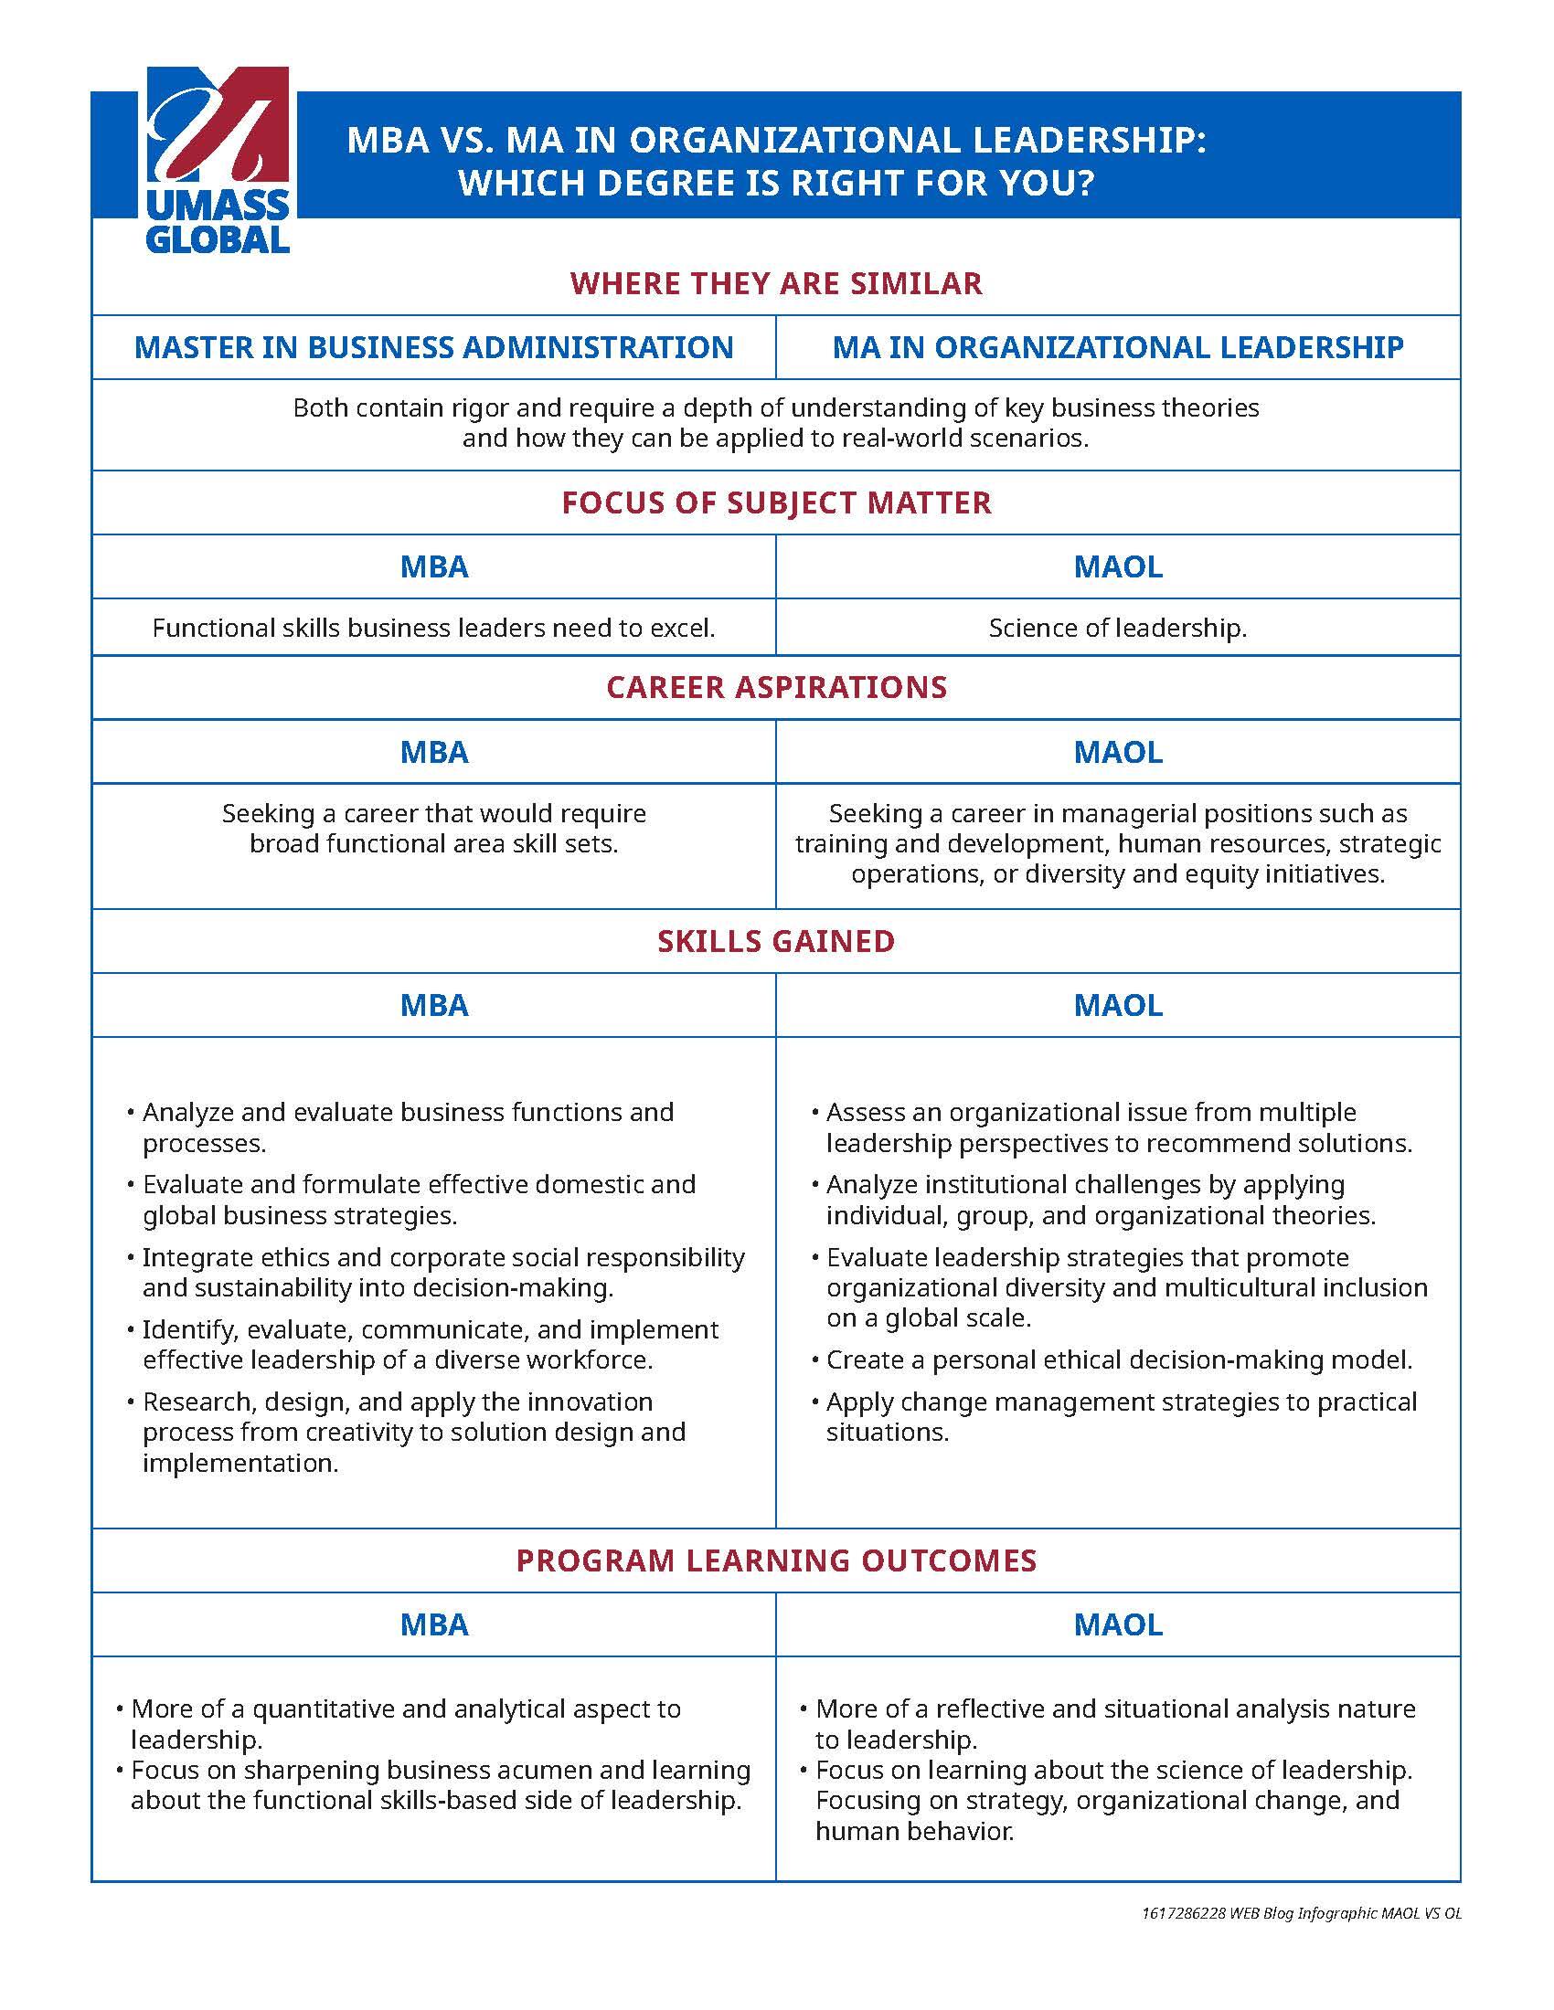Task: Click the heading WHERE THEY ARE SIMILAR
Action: click(776, 282)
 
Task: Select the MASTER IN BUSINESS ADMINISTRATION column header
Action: click(433, 347)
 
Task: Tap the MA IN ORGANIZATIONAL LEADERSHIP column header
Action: click(1118, 347)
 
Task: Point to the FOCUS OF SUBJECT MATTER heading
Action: click(776, 503)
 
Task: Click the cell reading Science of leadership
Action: click(1118, 628)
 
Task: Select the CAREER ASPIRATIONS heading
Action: click(776, 687)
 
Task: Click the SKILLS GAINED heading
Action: click(776, 940)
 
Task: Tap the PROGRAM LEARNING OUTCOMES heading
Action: click(776, 1560)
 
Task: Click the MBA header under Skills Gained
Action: click(433, 1005)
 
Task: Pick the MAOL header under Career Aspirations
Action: click(1118, 752)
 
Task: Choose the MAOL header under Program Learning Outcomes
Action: click(1118, 1624)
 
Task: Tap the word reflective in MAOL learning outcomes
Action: click(990, 1709)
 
